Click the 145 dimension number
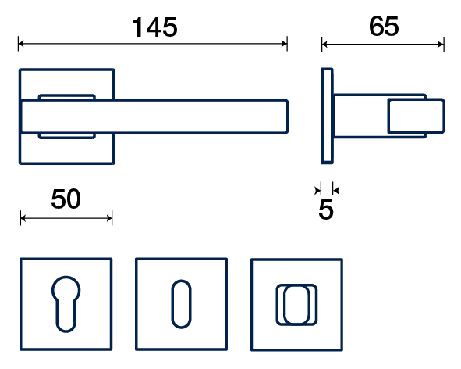(154, 27)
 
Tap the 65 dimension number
(384, 27)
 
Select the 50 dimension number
(66, 199)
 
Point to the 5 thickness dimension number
(326, 210)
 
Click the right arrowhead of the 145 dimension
(284, 44)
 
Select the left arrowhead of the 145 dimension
(21, 44)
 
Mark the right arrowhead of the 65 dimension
(441, 45)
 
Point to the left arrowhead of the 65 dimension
(324, 45)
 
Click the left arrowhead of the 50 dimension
(23, 218)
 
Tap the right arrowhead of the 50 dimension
(109, 218)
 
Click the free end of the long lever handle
(287, 116)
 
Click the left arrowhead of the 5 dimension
(317, 190)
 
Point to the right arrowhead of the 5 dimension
(336, 190)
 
